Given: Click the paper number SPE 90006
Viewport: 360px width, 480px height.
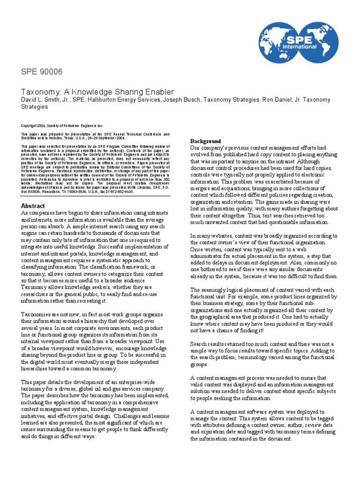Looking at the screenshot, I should click(42, 72).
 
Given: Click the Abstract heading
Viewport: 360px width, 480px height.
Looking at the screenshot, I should click(33, 206).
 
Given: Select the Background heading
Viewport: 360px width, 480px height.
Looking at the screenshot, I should click(205, 141).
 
